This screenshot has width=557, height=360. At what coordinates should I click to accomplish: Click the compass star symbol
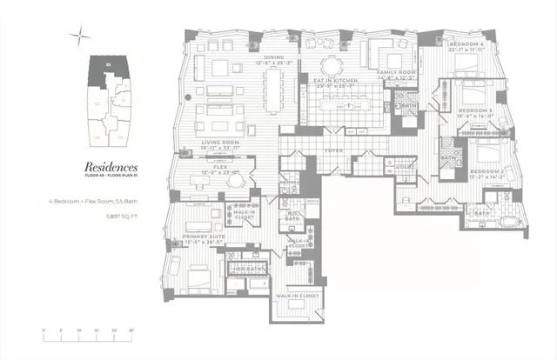coord(80,36)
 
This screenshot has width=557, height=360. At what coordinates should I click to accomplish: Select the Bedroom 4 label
coord(464,43)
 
